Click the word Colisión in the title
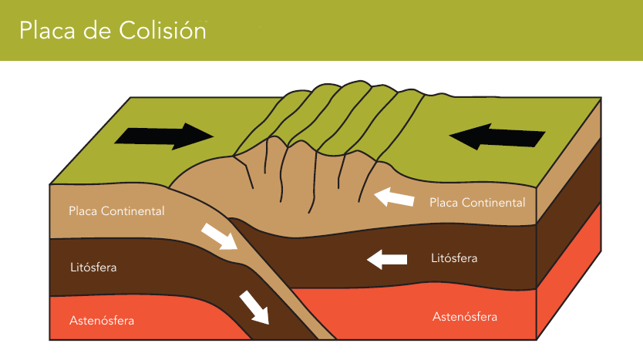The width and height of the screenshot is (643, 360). pyautogui.click(x=163, y=30)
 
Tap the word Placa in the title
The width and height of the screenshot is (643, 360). pyautogui.click(x=47, y=30)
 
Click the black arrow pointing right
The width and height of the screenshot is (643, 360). pyautogui.click(x=164, y=136)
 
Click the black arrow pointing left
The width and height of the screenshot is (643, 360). pyautogui.click(x=497, y=136)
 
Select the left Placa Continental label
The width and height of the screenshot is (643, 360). pyautogui.click(x=116, y=211)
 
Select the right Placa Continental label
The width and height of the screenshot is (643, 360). pyautogui.click(x=477, y=203)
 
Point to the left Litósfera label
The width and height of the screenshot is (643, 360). pyautogui.click(x=93, y=267)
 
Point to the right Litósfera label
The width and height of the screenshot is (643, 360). pyautogui.click(x=454, y=258)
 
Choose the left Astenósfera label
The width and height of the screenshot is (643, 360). pyautogui.click(x=102, y=320)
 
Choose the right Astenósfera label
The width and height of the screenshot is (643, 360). pyautogui.click(x=465, y=317)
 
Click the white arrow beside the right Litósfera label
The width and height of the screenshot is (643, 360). pyautogui.click(x=387, y=259)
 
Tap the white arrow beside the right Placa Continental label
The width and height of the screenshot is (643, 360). pyautogui.click(x=394, y=197)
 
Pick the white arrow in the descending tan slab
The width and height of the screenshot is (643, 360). pyautogui.click(x=219, y=237)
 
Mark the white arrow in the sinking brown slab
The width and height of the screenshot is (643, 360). pyautogui.click(x=254, y=307)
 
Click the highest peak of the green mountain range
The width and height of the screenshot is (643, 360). pyautogui.click(x=360, y=82)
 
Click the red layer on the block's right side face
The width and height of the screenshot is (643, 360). pyautogui.click(x=569, y=283)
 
